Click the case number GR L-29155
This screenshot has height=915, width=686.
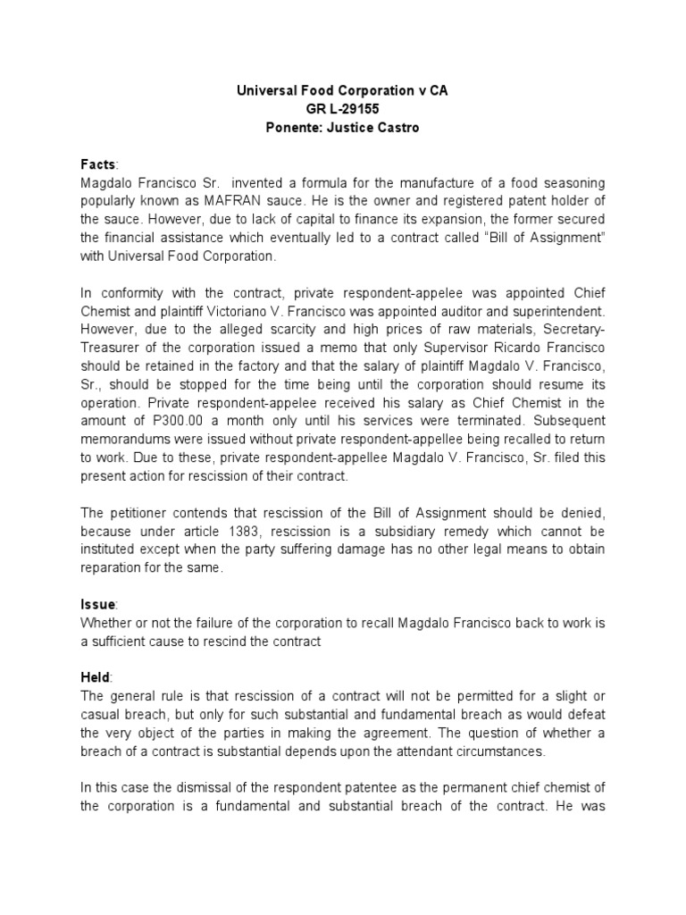(342, 109)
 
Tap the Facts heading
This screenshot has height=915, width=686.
(97, 165)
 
